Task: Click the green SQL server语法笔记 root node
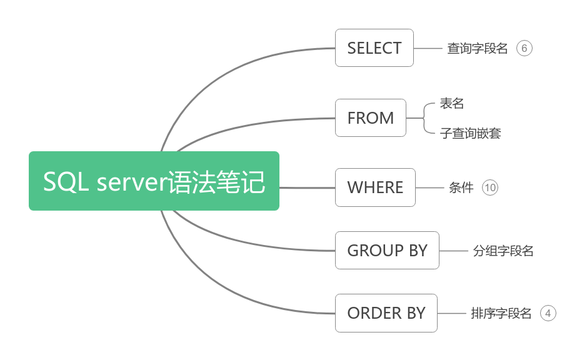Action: click(x=154, y=181)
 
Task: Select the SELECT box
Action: click(x=374, y=48)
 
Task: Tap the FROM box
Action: click(x=371, y=118)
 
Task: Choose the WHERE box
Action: click(x=375, y=187)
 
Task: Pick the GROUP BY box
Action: click(x=387, y=251)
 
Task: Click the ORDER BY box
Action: click(x=386, y=313)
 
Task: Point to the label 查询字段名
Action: click(x=478, y=49)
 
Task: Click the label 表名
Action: click(x=452, y=104)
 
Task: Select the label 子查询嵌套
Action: click(x=471, y=133)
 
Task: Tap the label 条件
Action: click(x=461, y=187)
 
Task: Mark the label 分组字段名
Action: click(x=503, y=251)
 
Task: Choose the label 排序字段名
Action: click(x=501, y=313)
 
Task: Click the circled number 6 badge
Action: click(x=524, y=49)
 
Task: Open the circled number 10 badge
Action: click(x=490, y=187)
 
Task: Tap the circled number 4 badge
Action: click(x=548, y=313)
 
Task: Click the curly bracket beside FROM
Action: click(x=427, y=118)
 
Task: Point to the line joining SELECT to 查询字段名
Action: click(x=428, y=48)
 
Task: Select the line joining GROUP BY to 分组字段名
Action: click(x=454, y=251)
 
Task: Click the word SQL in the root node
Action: click(x=66, y=182)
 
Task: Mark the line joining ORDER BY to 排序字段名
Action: click(x=452, y=313)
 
